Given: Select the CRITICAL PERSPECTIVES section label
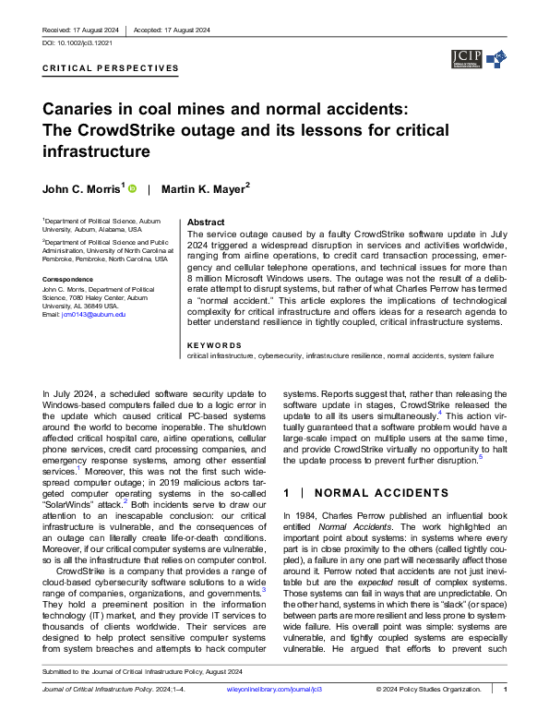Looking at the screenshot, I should pyautogui.click(x=111, y=68).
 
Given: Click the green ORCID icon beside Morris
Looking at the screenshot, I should pyautogui.click(x=132, y=188).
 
